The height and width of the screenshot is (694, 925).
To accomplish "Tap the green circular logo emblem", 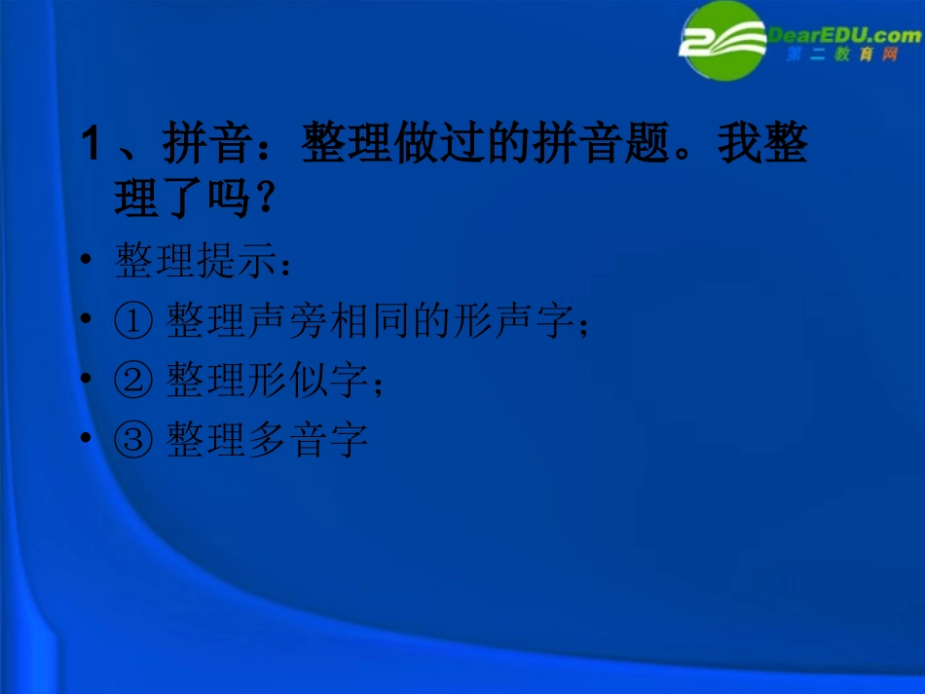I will point(722,41).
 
